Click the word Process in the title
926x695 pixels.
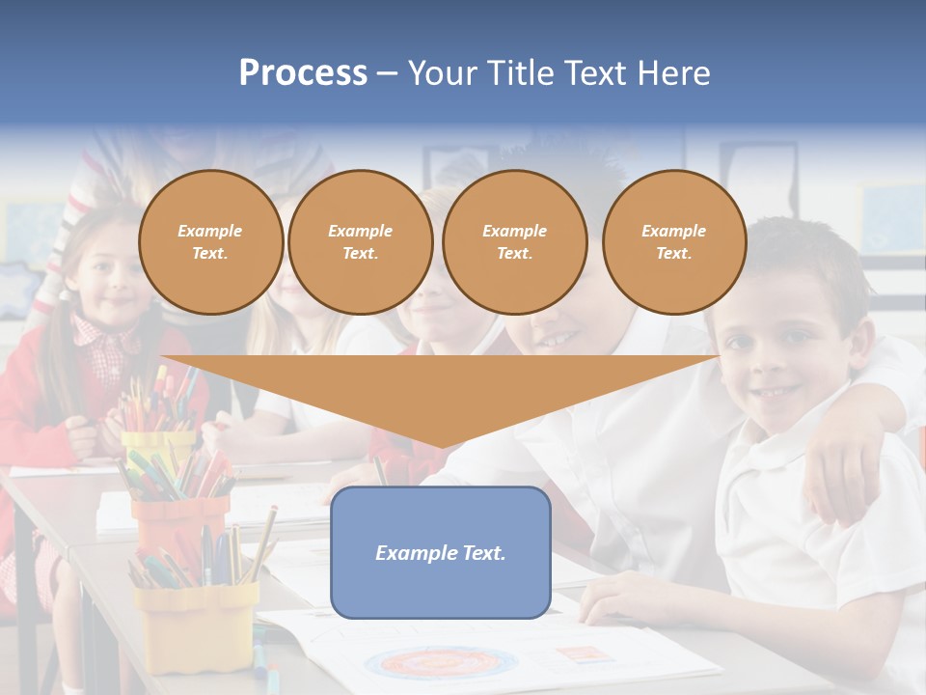coord(303,73)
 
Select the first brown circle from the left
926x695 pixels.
coord(210,241)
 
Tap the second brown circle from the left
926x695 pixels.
coord(360,241)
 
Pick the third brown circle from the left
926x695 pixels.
coord(514,241)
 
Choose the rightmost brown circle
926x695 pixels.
coord(673,241)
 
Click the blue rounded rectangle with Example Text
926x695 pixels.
coord(440,552)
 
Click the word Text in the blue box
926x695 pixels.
coord(483,553)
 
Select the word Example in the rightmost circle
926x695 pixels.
coord(673,231)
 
